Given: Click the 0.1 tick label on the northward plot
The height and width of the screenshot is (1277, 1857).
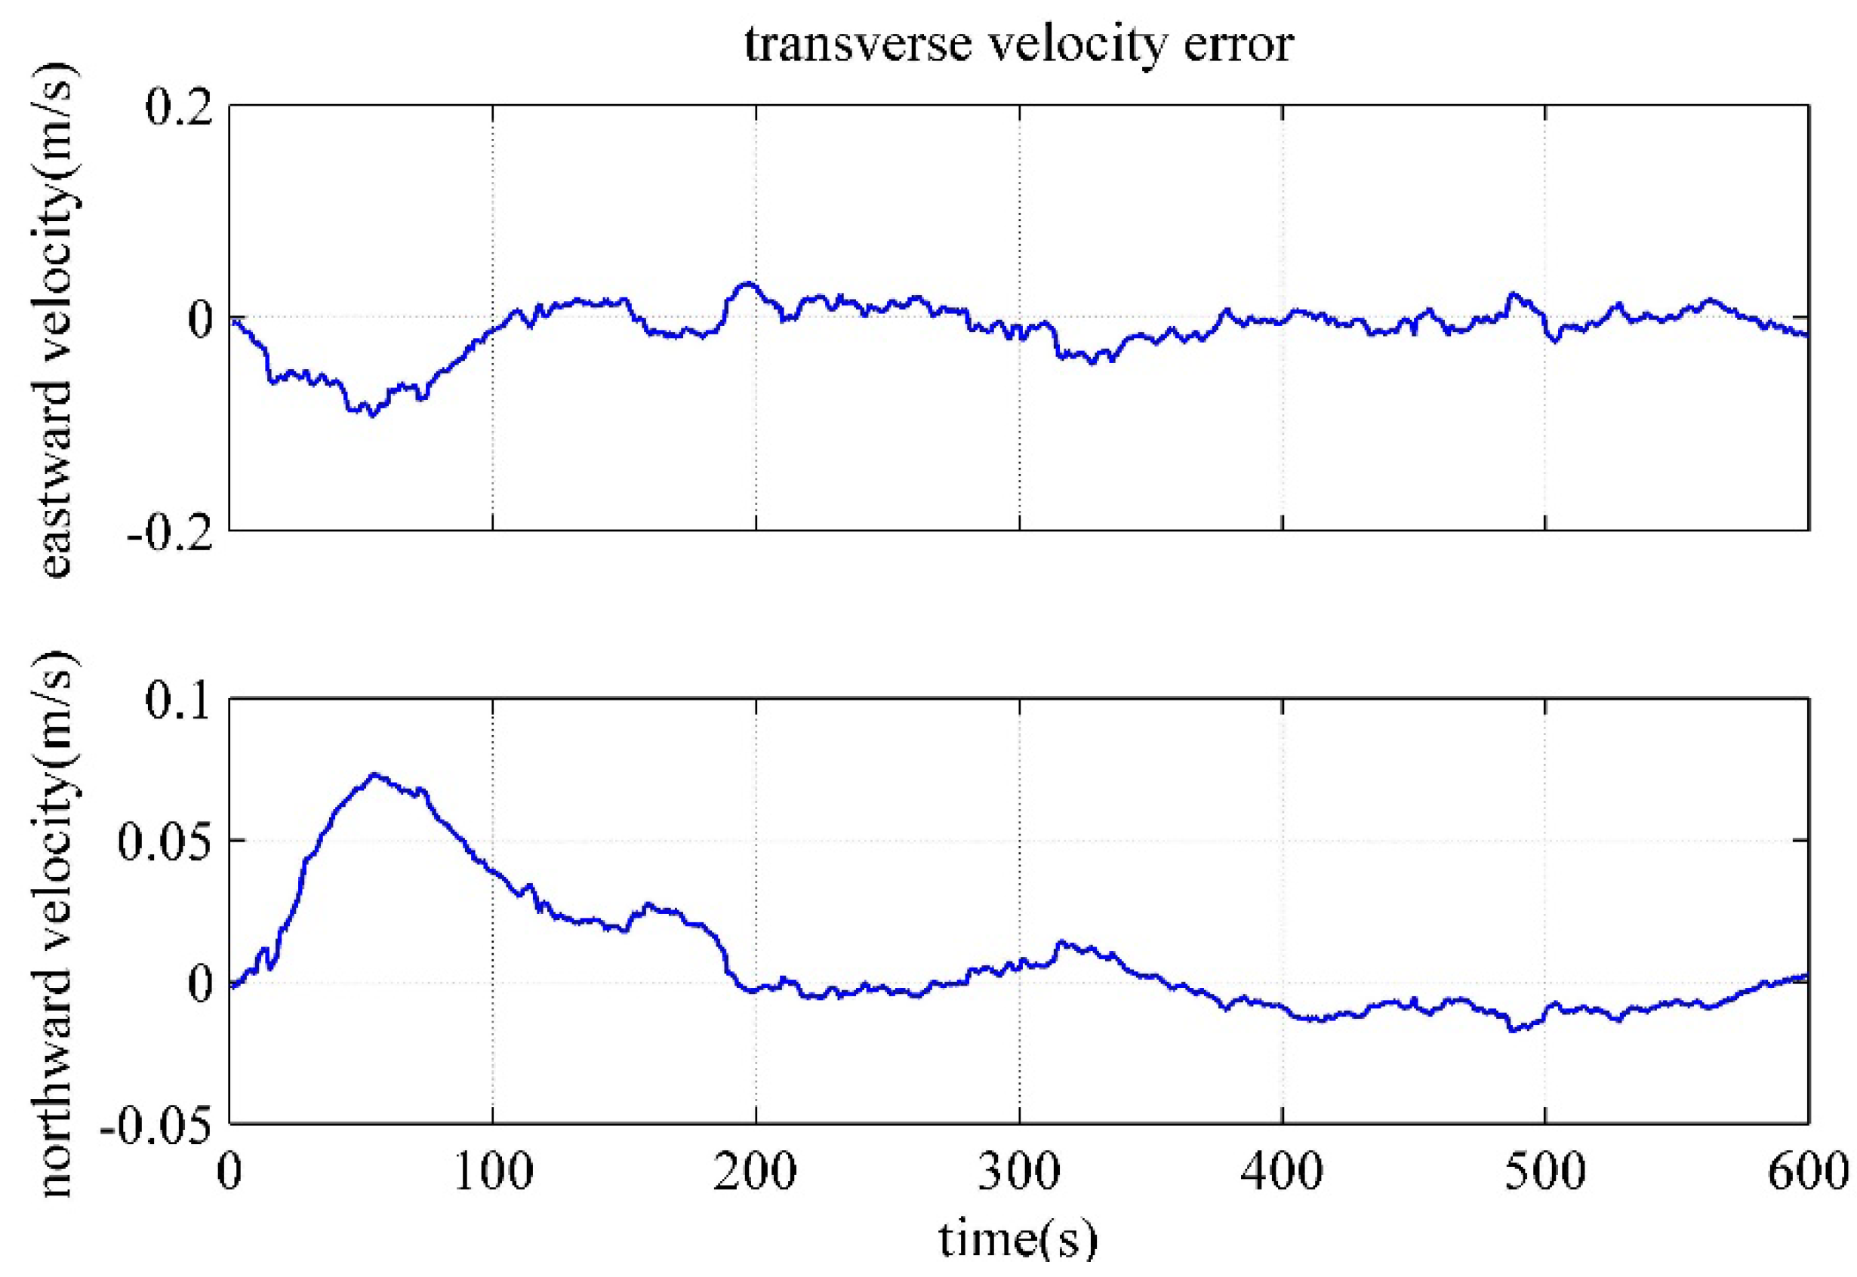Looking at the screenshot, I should pos(178,701).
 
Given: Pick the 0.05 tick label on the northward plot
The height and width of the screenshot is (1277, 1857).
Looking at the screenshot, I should pos(165,842).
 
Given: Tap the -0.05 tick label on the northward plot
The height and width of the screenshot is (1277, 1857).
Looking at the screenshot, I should pos(156,1125).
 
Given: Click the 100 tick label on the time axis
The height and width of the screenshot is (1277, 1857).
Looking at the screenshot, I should pos(493,1173).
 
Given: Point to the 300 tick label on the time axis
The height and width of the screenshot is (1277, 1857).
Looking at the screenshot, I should pos(1018,1173).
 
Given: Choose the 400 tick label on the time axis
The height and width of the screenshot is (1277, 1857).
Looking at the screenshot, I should pos(1282,1173).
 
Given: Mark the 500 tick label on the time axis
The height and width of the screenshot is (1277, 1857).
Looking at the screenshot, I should pos(1544,1173).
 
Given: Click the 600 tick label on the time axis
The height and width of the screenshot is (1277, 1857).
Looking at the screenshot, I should pos(1806,1173).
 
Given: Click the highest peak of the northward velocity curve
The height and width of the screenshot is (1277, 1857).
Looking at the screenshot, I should pos(374,774).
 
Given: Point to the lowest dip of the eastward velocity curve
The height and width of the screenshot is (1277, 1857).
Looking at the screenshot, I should pos(371,414).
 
